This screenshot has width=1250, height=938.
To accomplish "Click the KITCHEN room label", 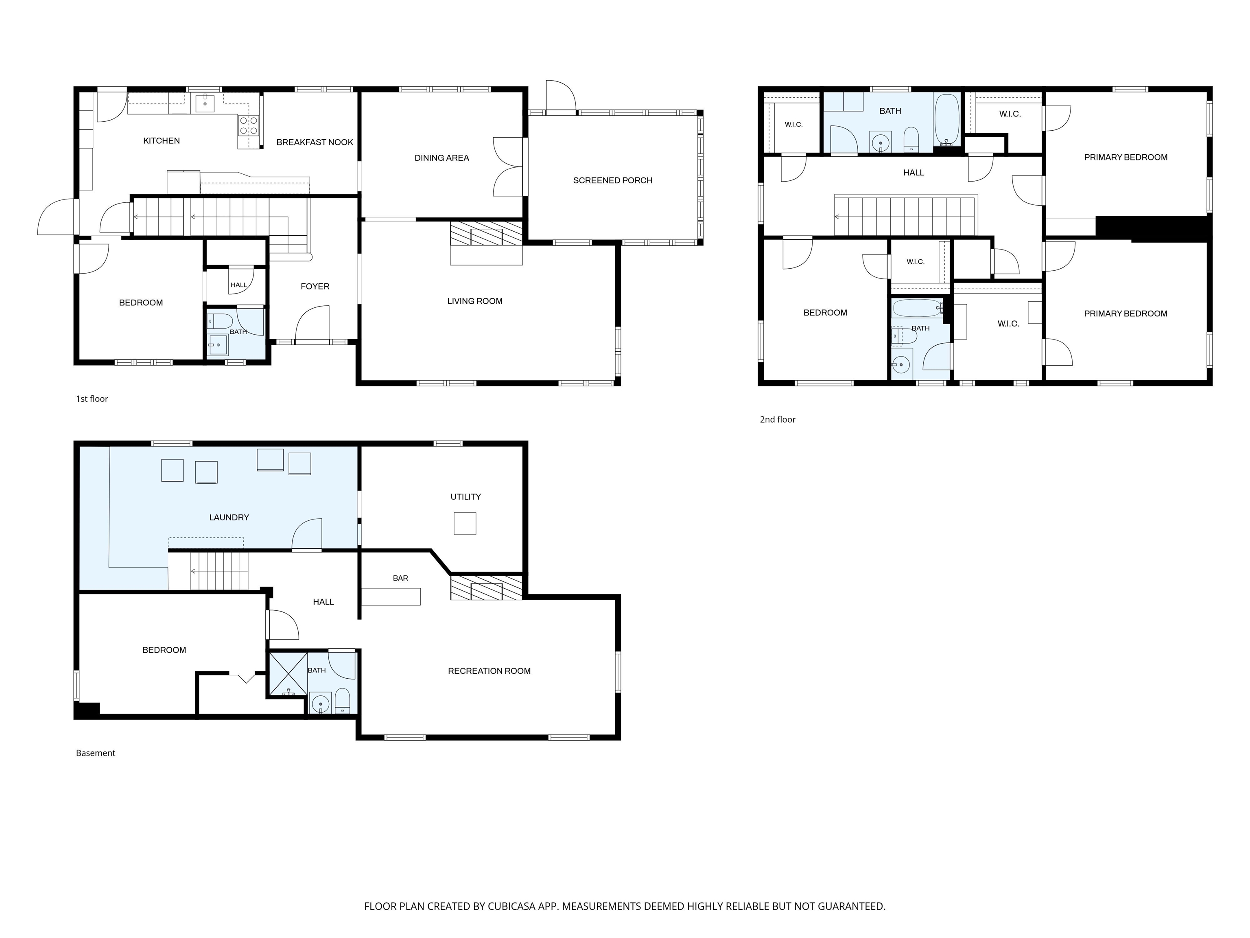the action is pyautogui.click(x=162, y=141).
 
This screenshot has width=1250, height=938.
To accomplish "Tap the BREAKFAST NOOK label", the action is pyautogui.click(x=315, y=142).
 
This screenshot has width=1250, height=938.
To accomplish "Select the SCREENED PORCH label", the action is pyautogui.click(x=612, y=180).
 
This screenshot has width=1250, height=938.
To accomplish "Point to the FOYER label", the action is pyautogui.click(x=315, y=287).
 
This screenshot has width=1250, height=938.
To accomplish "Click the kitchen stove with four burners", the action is pyautogui.click(x=249, y=125).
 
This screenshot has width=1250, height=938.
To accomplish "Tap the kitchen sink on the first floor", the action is pyautogui.click(x=205, y=103).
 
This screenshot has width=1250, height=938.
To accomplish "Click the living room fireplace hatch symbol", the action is pyautogui.click(x=486, y=233).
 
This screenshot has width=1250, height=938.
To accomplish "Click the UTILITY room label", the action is pyautogui.click(x=465, y=497).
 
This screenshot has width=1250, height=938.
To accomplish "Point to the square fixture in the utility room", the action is pyautogui.click(x=465, y=524).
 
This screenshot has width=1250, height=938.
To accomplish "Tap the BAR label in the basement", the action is pyautogui.click(x=401, y=579).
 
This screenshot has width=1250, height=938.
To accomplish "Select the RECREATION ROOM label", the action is pyautogui.click(x=490, y=671).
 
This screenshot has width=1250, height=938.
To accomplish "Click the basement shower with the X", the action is pyautogui.click(x=288, y=673).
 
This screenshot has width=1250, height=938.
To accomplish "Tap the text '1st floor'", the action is pyautogui.click(x=92, y=399).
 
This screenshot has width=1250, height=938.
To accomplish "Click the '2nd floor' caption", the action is pyautogui.click(x=778, y=419).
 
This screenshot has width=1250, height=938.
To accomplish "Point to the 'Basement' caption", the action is pyautogui.click(x=96, y=753).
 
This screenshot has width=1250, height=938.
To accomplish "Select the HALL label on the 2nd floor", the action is pyautogui.click(x=914, y=173).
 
